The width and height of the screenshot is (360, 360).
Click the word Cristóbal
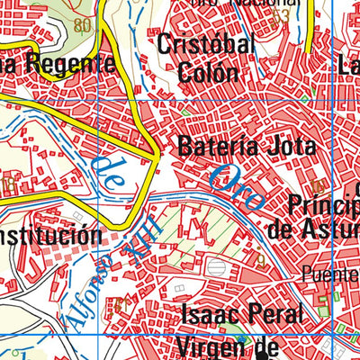point(206,45)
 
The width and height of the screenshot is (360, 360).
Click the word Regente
point(71,63)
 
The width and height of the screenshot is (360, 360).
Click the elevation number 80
point(84,25)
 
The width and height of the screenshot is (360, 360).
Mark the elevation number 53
point(281,15)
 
